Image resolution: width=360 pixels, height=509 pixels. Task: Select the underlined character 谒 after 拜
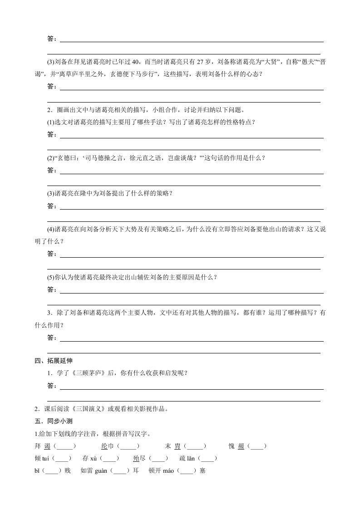coord(47,446)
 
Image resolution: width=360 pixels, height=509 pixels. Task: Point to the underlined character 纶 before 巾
coord(104,446)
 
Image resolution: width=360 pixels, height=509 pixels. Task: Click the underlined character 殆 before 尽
coord(136,459)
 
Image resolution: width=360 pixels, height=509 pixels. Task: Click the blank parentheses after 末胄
coord(195,446)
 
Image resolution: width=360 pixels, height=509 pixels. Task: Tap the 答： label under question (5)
coord(52,289)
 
